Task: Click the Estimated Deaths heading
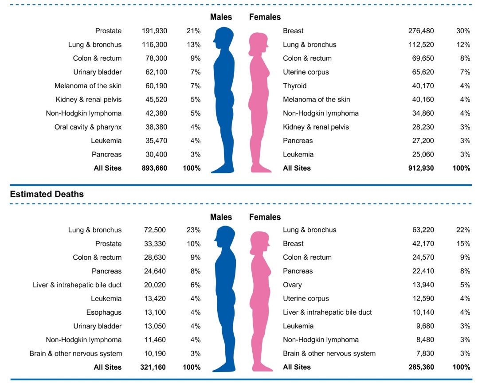[x=47, y=194]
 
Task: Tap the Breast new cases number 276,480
[x=421, y=31]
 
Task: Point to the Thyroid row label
[x=294, y=86]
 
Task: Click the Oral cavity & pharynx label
[x=88, y=127]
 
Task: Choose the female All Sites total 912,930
[x=421, y=168]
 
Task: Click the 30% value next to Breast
[x=463, y=31]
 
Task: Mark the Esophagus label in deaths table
[x=104, y=313]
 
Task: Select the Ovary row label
[x=292, y=285]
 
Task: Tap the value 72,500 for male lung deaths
[x=155, y=230]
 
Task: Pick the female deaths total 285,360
[x=421, y=367]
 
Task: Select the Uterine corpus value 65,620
[x=421, y=72]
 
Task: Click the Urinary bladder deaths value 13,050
[x=155, y=326]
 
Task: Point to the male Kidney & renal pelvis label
[x=88, y=100]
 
